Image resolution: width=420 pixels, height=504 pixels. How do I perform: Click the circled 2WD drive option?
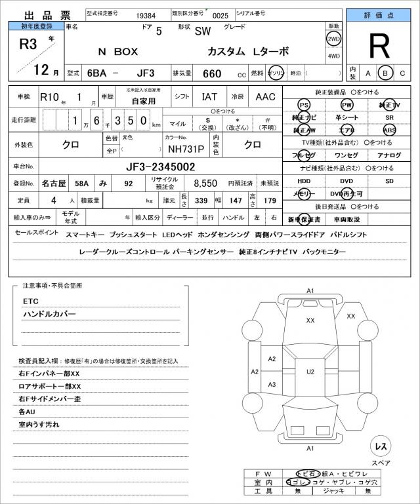point(333,39)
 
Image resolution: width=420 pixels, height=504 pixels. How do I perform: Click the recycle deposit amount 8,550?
point(204,184)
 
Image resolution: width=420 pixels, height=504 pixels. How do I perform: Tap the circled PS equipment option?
point(303,105)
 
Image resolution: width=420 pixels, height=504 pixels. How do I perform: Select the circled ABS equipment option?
point(389,130)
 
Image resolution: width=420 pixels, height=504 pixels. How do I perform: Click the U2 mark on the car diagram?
point(310,372)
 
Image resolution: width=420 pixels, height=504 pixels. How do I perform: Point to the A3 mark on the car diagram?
point(272,384)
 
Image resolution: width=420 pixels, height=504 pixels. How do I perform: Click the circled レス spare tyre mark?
point(380,446)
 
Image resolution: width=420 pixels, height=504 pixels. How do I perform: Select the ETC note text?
point(31,301)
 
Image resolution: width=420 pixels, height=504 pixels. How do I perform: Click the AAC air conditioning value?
point(265,97)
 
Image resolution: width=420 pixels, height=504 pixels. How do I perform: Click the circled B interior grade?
point(386,73)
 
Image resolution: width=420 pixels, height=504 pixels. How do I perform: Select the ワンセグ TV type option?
point(346,155)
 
